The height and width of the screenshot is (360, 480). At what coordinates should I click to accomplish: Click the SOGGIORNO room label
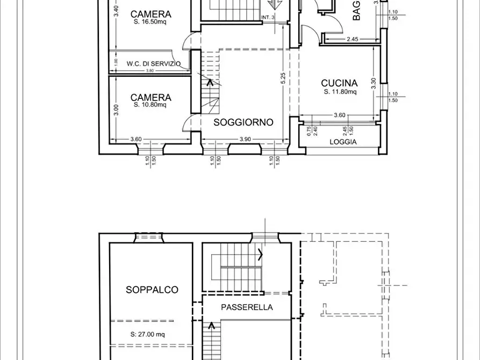point(243,122)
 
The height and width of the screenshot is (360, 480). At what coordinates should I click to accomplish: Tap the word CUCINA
point(339,83)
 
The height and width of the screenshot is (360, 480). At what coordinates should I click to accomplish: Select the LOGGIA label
point(343,142)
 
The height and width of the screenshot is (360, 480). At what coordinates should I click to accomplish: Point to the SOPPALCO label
point(152,290)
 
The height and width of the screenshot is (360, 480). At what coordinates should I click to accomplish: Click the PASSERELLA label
point(247,307)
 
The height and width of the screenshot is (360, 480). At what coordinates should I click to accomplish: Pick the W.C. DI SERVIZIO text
point(150,63)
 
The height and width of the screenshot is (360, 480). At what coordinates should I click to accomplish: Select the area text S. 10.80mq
point(151,105)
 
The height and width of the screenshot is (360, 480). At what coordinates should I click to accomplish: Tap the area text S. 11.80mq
point(340,92)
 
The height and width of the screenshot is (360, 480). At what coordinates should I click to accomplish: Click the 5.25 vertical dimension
point(283,79)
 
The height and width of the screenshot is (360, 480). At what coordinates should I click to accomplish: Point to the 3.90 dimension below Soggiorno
point(245,139)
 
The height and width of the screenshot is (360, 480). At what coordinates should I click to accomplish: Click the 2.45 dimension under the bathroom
point(353,39)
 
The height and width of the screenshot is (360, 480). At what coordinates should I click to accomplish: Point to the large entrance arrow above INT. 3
point(276,5)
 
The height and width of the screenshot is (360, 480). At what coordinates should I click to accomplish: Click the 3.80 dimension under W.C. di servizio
point(150,71)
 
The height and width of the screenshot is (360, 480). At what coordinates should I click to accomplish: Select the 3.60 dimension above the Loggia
point(339,114)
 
